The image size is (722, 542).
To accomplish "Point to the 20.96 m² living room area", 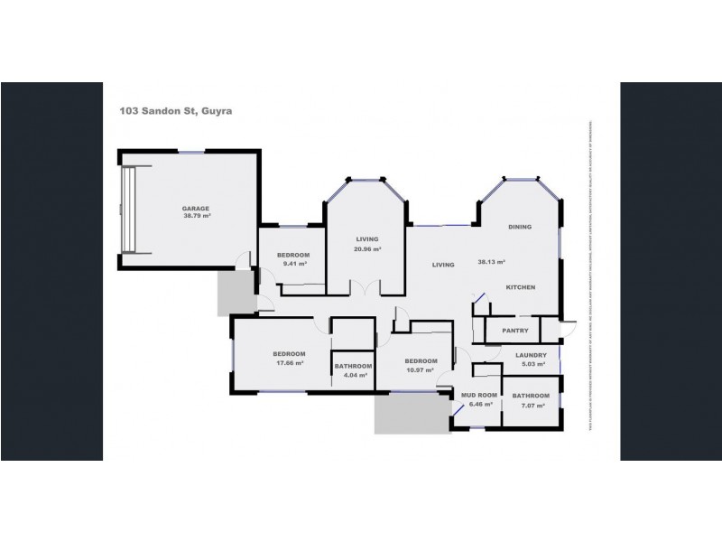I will (366, 249).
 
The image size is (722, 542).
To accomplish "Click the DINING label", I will (520, 227).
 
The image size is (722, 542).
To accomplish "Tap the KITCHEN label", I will (520, 287).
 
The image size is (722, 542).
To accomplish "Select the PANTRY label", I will (514, 331).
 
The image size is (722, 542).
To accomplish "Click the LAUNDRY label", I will (531, 355).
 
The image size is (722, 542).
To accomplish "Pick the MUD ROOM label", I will (479, 396).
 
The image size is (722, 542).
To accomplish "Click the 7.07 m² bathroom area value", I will (531, 406).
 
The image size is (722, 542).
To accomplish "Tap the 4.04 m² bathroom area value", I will (351, 375).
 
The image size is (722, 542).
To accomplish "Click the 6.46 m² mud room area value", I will (478, 405).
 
